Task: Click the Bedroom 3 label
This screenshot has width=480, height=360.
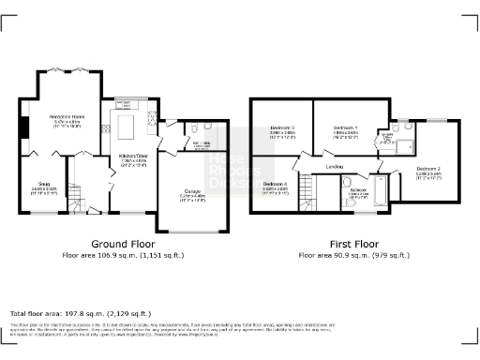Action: click(x=282, y=130)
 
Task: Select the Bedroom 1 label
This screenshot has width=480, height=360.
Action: click(x=346, y=130)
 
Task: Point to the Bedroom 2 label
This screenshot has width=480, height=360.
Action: click(x=428, y=172)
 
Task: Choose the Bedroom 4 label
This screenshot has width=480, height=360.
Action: click(x=275, y=186)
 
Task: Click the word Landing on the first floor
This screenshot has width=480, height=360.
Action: click(x=334, y=168)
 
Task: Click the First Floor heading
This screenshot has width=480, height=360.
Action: click(x=353, y=243)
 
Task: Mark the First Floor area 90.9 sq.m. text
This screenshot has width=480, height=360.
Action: click(x=353, y=254)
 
